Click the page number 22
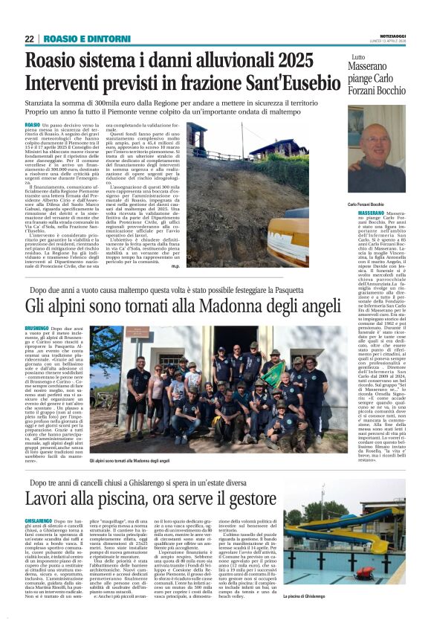click(x=29, y=39)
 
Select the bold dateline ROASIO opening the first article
click(x=33, y=125)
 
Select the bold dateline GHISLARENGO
click(x=39, y=521)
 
